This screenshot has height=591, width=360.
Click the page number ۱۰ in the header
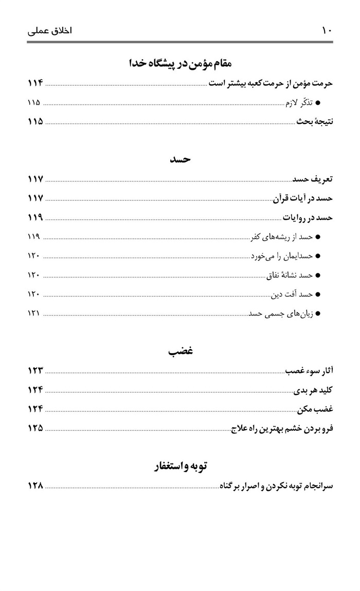coord(327,30)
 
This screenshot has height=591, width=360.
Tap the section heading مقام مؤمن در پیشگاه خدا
coord(180,63)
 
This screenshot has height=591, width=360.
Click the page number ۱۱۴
coord(35,83)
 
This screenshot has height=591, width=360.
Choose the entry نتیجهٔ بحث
coord(314,122)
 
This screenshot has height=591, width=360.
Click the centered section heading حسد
coord(181,159)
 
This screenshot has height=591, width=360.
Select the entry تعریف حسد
coord(313,179)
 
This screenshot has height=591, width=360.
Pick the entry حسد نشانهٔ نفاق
coord(290,275)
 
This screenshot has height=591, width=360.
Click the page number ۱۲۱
coord(34,313)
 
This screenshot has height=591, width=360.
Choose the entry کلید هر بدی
coord(313,390)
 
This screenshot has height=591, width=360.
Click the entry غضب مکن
coord(315,409)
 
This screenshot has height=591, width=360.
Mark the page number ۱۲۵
coord(35,428)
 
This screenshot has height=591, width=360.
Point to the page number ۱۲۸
coord(35,485)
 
